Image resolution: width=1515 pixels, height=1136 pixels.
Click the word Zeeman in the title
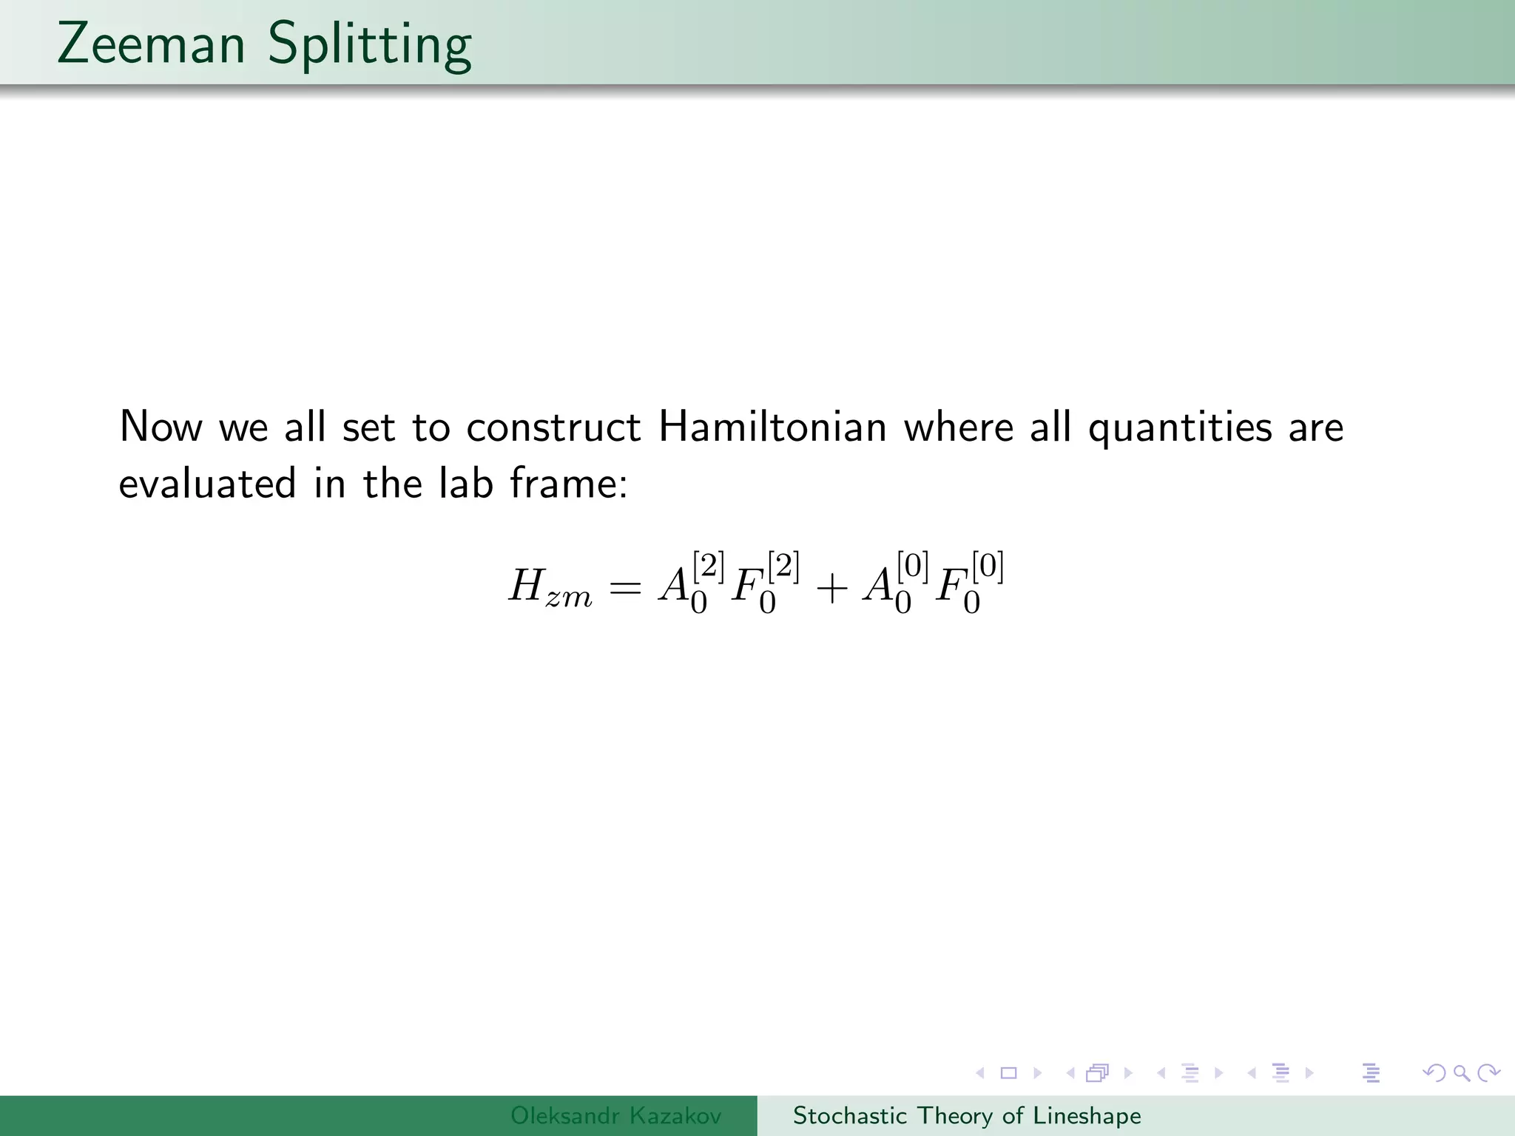coord(151,44)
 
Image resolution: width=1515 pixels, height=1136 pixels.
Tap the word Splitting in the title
coord(369,46)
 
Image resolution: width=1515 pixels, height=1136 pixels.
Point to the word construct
coord(553,427)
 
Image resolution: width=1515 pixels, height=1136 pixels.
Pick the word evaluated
coord(207,484)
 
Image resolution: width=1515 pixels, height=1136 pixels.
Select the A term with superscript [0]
coord(894,584)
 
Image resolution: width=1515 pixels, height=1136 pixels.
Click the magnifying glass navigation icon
coord(1461,1072)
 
